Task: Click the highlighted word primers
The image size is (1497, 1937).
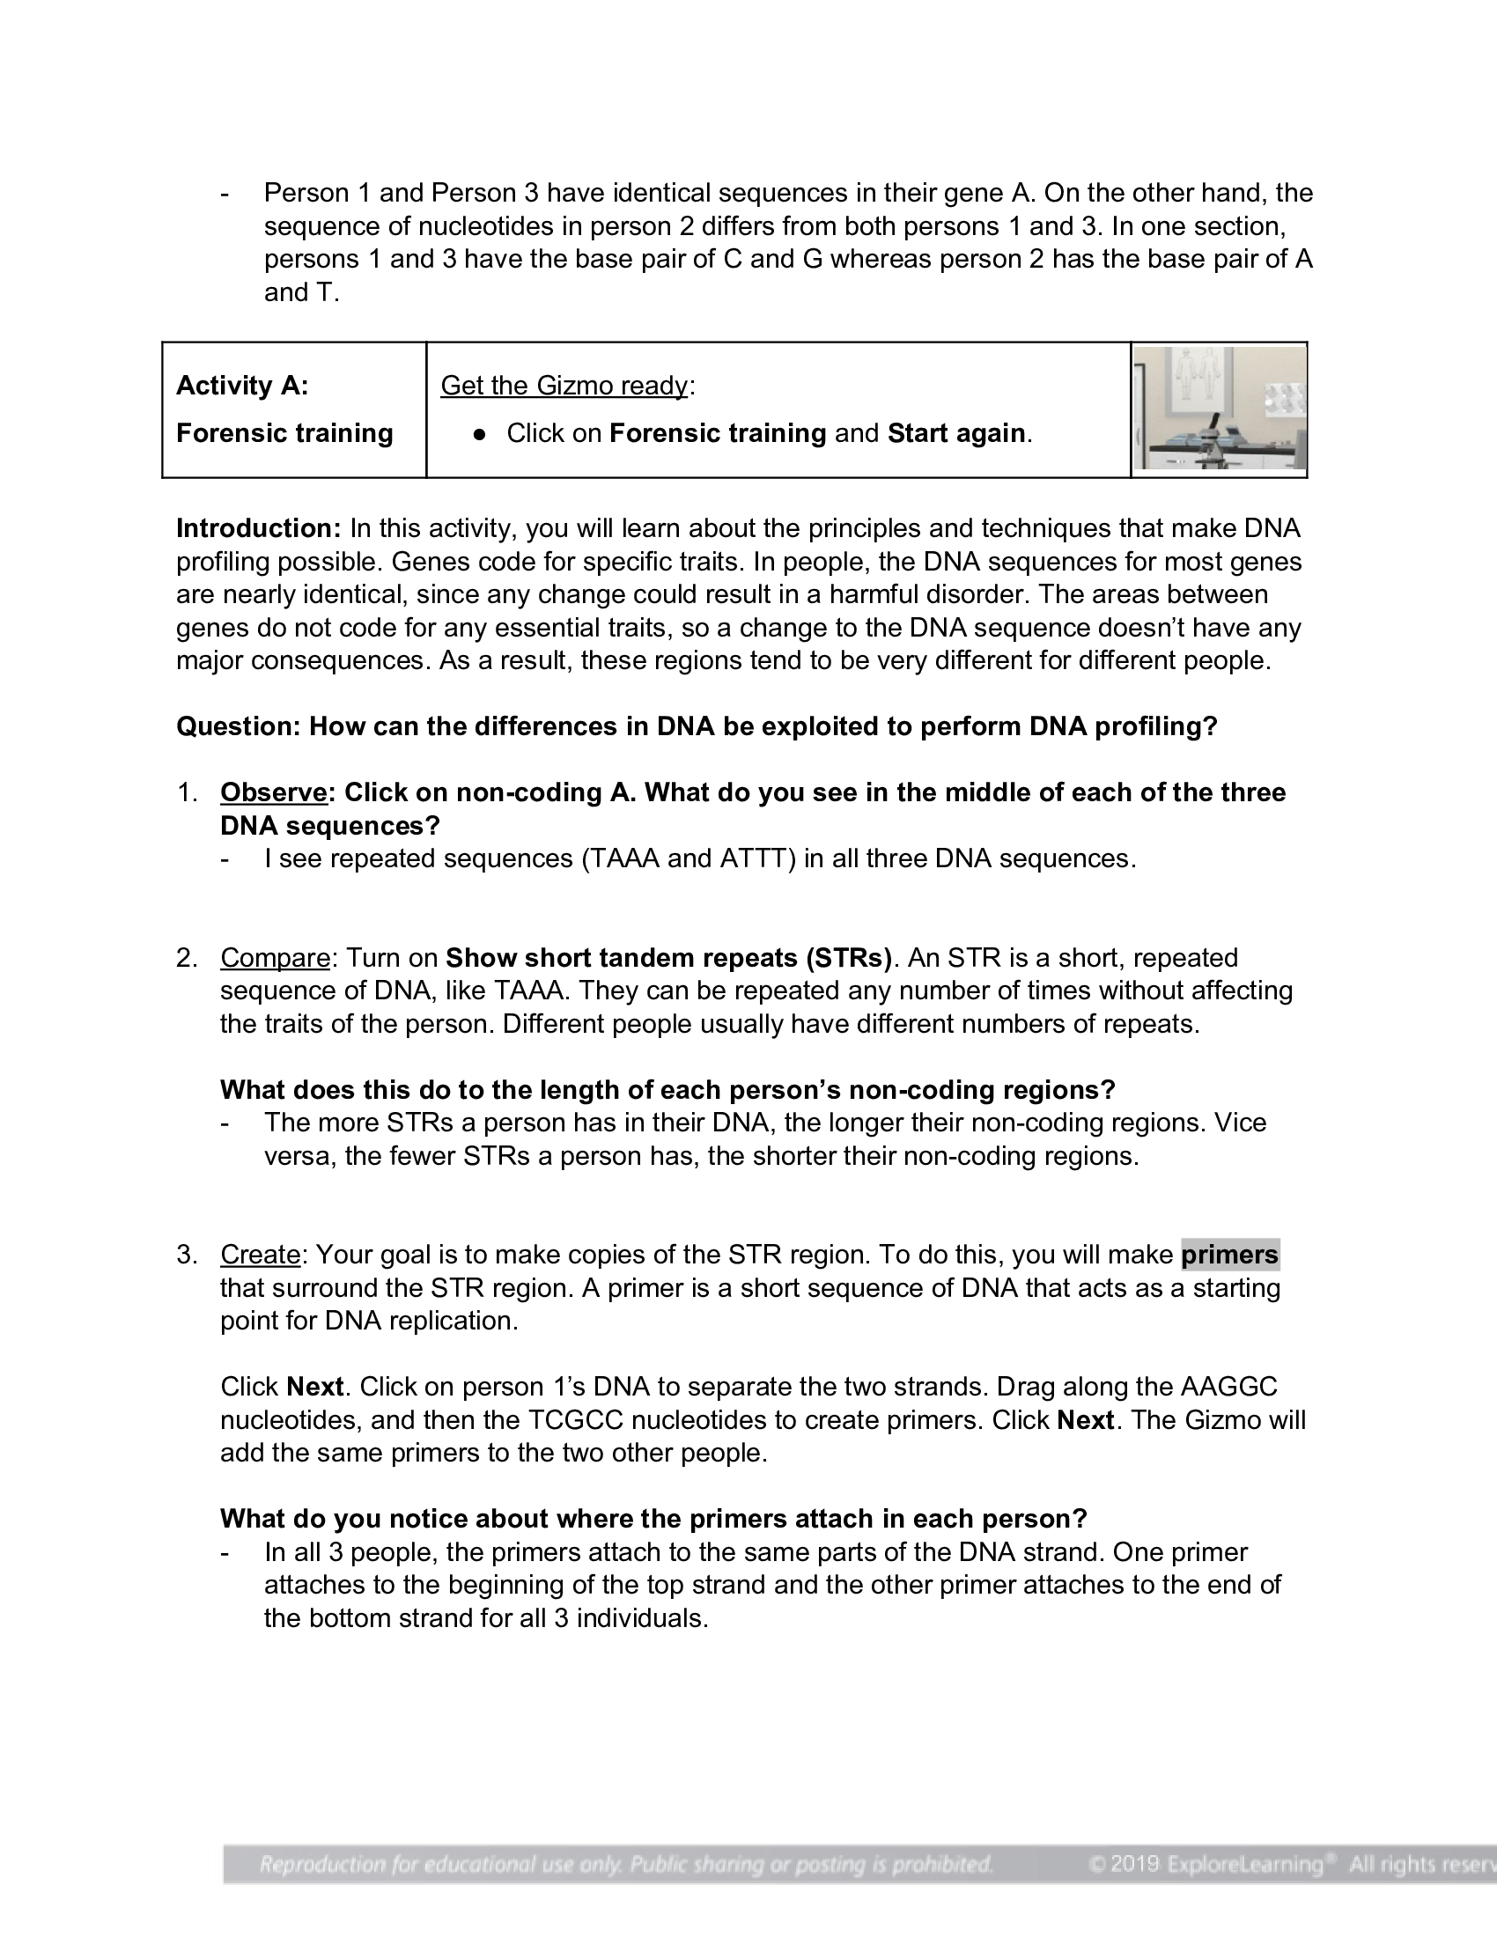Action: click(x=1229, y=1254)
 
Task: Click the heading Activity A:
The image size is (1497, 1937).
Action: click(x=242, y=385)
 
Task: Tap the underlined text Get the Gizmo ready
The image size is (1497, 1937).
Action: click(x=564, y=385)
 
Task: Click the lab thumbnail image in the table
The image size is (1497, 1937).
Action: click(x=1219, y=409)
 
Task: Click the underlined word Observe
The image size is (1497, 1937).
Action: click(x=273, y=792)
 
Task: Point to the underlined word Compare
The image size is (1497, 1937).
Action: click(x=275, y=958)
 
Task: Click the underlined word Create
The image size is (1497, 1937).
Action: click(x=260, y=1254)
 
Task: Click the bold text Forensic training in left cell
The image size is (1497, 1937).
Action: click(x=284, y=433)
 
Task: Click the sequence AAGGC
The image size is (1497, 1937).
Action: click(x=1229, y=1386)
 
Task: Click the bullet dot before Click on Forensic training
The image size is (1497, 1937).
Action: click(x=480, y=434)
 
